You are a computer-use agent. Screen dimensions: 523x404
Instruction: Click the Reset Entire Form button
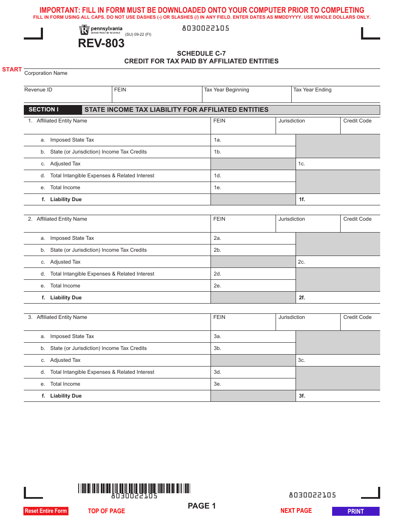(x=46, y=511)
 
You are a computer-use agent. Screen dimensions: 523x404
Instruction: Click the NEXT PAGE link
(x=296, y=510)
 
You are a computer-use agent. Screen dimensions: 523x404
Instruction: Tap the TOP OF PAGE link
(x=106, y=511)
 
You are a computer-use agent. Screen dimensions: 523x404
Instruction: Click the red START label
(x=12, y=69)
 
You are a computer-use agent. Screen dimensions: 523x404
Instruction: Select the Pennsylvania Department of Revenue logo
(x=101, y=30)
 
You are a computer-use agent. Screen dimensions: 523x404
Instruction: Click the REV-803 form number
(x=101, y=43)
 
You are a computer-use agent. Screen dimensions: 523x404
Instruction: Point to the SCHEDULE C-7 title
(x=201, y=54)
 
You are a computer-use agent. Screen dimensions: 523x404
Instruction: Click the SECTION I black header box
(x=53, y=110)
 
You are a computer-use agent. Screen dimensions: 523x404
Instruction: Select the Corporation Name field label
(x=46, y=73)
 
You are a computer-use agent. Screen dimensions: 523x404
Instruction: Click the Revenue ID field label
(x=38, y=90)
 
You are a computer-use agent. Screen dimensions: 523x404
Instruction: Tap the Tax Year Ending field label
(x=312, y=90)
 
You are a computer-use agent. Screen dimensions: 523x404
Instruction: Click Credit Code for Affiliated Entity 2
(x=360, y=224)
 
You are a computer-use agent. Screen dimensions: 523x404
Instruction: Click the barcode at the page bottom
(x=134, y=489)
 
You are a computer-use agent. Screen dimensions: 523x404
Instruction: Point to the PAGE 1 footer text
(x=202, y=506)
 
